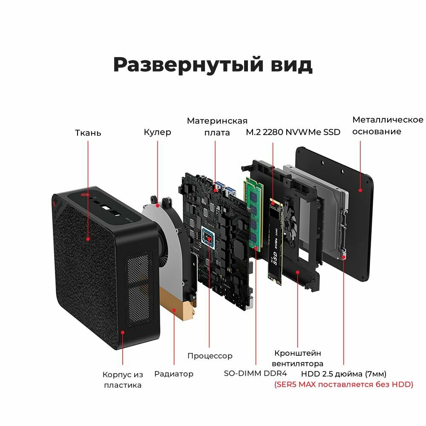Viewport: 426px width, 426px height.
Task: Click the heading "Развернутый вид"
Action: [x=213, y=64]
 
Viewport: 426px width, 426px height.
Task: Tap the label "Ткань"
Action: [x=88, y=133]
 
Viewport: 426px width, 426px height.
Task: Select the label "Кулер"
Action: [x=157, y=132]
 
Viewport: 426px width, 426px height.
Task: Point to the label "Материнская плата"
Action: [x=217, y=127]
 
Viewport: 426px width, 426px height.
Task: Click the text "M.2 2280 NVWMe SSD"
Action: [x=293, y=132]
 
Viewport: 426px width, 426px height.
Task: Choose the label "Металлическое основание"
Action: [x=388, y=125]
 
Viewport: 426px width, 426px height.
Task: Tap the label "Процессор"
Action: [x=210, y=355]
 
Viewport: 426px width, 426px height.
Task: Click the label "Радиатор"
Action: [x=174, y=374]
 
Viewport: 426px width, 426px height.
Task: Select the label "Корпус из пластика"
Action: [x=123, y=380]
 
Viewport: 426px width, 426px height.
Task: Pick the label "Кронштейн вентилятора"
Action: [x=298, y=358]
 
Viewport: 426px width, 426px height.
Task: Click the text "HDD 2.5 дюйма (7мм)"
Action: [x=344, y=374]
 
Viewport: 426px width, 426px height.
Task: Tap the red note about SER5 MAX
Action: [x=343, y=385]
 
